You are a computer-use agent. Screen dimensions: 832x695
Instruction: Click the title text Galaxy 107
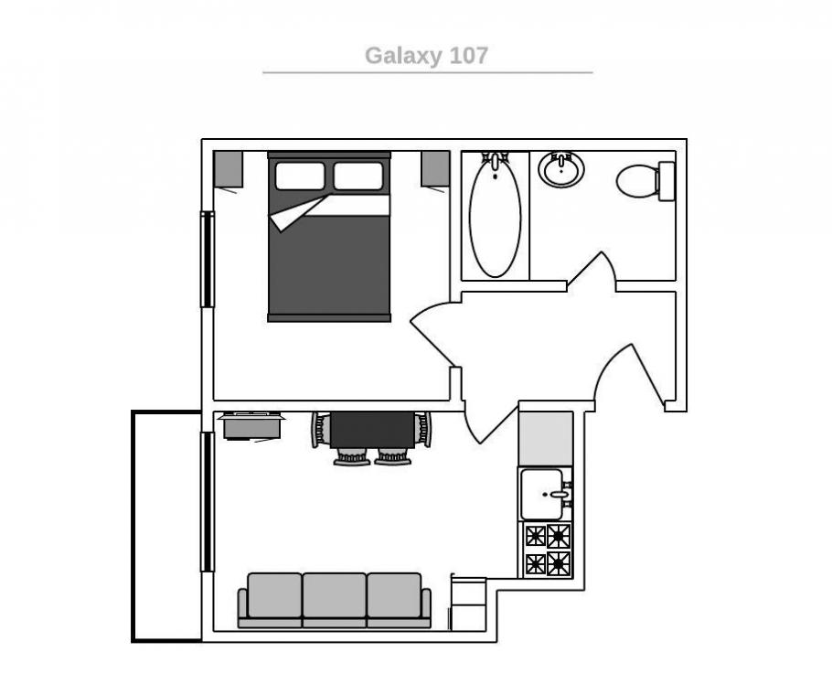coord(426,56)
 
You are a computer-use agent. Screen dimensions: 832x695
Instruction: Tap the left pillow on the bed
coord(300,176)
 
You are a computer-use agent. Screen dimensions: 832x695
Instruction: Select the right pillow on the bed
coord(358,176)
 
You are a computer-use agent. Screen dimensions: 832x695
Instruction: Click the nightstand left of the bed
coord(229,169)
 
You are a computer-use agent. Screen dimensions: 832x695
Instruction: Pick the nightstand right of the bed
coord(435,169)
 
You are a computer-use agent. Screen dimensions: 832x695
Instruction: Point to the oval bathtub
coord(495,217)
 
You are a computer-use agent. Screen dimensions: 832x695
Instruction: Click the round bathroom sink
coord(560,169)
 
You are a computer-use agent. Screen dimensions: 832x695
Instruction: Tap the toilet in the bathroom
coord(645,181)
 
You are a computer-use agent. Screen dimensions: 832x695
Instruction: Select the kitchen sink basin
coord(542,495)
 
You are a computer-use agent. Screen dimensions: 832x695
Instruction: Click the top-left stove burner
coord(536,536)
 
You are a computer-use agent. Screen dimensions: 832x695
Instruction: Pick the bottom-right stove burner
coord(559,563)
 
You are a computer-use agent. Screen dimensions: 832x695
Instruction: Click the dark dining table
coord(372,431)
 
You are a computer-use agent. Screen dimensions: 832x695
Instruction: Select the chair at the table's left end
coord(321,430)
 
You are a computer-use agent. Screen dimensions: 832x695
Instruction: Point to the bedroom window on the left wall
coord(207,260)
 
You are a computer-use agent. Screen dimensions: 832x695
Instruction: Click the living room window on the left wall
coord(207,502)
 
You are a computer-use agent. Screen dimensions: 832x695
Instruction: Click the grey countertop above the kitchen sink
coord(546,439)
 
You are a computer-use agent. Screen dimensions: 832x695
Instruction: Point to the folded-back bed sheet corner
coord(297,212)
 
